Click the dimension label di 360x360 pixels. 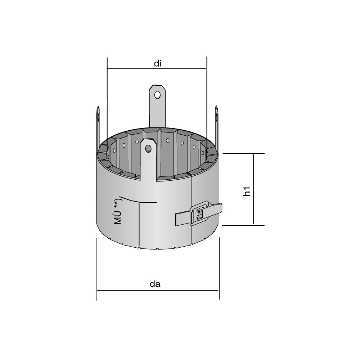(158, 63)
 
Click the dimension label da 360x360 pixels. (155, 284)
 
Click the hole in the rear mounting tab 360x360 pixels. (157, 95)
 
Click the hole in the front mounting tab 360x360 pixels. (148, 149)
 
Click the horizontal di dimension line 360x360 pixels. (157, 68)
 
